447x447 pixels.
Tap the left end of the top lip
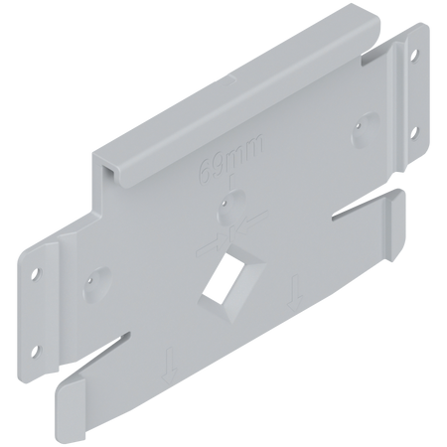[105, 164]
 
